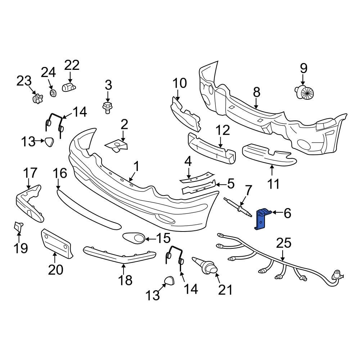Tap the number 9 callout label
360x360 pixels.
tap(303, 67)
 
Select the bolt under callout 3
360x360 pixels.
tap(107, 107)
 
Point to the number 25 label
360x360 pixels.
tap(283, 243)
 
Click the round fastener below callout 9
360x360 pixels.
tap(305, 93)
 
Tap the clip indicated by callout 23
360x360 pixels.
tap(36, 98)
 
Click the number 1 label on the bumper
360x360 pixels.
tap(136, 166)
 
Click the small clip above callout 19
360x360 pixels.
tap(18, 226)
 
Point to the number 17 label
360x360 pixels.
tap(30, 172)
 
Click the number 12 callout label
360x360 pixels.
tap(222, 130)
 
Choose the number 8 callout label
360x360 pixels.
tap(256, 93)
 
